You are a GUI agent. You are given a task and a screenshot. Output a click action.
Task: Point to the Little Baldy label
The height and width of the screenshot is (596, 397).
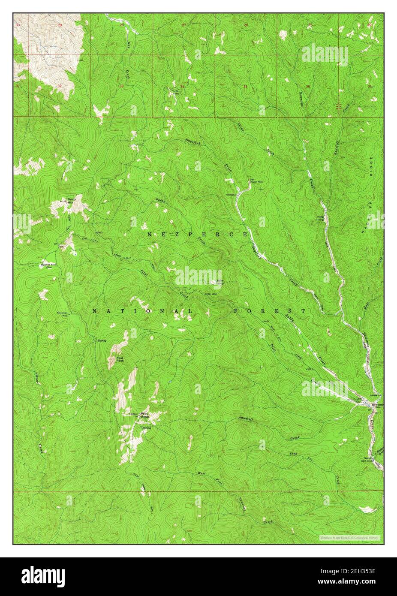[219, 282]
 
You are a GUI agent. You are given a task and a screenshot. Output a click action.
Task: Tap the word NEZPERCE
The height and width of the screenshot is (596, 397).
[197, 235]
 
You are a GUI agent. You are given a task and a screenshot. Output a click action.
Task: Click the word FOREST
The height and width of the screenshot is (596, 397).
[270, 311]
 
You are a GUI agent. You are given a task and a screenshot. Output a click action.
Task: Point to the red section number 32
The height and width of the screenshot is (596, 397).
[60, 86]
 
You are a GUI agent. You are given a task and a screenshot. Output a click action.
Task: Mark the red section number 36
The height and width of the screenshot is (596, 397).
[307, 86]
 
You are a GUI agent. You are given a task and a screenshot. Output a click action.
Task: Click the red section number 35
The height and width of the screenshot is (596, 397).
[245, 87]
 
